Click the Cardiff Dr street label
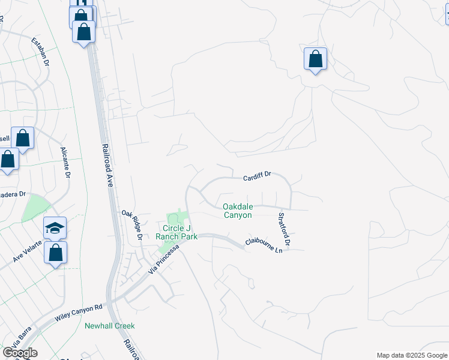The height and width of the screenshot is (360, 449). (x=257, y=175)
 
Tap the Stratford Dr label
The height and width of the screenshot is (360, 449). (x=284, y=229)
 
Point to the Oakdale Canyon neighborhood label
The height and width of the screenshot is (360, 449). (x=238, y=210)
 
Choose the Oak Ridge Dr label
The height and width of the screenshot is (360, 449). (x=131, y=224)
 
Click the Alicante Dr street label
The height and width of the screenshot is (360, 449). (x=65, y=163)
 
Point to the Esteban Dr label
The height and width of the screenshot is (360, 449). (x=43, y=50)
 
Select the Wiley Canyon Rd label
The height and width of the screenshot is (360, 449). (x=79, y=311)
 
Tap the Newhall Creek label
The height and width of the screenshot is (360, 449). (x=109, y=326)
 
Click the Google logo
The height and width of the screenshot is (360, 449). (x=20, y=353)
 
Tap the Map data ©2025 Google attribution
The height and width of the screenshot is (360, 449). (x=411, y=355)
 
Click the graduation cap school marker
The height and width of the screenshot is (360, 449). (x=55, y=228)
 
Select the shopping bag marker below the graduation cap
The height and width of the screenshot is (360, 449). (x=55, y=253)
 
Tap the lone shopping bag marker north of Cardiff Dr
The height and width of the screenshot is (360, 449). (x=315, y=59)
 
